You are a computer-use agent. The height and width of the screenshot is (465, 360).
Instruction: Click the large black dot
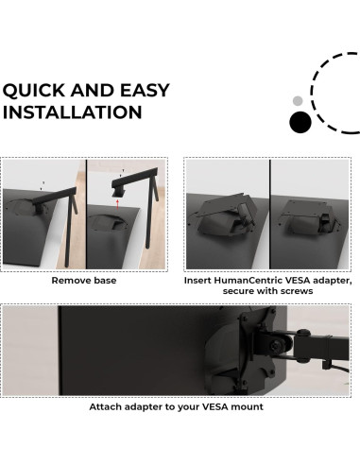tap(300, 122)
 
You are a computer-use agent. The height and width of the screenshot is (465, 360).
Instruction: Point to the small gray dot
tap(299, 100)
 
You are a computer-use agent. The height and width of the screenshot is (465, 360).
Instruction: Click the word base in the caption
tap(106, 281)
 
